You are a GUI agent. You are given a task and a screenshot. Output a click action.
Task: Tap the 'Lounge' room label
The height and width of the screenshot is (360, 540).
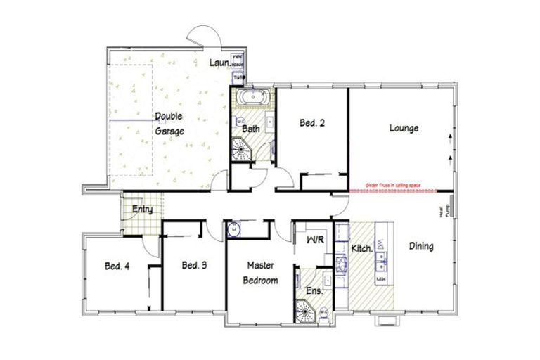(404, 129)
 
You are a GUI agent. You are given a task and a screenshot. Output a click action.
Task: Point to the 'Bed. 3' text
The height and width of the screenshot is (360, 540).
(194, 265)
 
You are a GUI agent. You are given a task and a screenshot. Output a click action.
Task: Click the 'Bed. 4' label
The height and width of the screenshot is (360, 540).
(117, 266)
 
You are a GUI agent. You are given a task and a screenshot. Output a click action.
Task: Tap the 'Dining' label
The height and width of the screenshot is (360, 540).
(420, 247)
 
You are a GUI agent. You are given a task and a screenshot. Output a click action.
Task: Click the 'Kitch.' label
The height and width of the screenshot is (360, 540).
(361, 250)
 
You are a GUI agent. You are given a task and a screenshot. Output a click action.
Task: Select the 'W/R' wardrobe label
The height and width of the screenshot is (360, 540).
(315, 240)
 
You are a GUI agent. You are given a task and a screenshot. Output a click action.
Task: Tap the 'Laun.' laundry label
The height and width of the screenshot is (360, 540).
(219, 63)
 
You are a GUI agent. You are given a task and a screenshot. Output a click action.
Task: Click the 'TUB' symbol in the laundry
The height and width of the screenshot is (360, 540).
(238, 77)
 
